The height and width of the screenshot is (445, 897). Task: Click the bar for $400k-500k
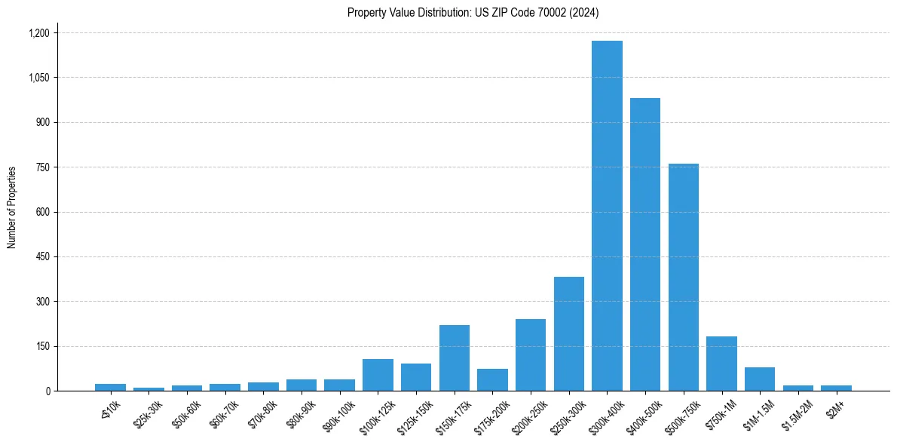coord(645,244)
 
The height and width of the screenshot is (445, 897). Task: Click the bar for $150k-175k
coord(455,358)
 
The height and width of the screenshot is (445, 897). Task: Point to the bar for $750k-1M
coord(721,364)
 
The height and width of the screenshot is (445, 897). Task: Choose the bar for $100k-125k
coord(378,375)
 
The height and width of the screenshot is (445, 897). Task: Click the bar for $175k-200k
coord(492,379)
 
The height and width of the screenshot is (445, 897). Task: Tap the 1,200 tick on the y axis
coord(38,33)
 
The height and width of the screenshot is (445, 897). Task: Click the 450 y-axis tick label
coord(42,257)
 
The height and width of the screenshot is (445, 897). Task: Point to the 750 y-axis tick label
coord(42,167)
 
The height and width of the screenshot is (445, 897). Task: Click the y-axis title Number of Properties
coord(12,207)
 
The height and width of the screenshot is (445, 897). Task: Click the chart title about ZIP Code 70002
coord(473,12)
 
